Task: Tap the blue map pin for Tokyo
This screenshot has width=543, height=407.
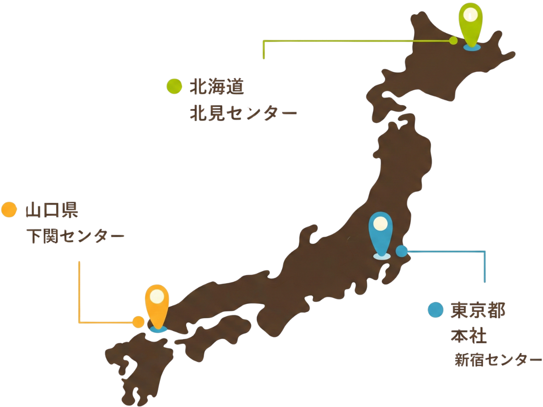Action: tap(381, 233)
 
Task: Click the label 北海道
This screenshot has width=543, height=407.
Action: tap(217, 87)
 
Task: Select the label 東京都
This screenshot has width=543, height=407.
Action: tap(478, 311)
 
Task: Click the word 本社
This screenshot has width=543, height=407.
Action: tap(468, 336)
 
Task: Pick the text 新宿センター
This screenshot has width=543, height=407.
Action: tap(498, 360)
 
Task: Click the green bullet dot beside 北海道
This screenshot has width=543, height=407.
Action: tap(174, 87)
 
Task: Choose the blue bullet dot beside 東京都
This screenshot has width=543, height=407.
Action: tap(435, 310)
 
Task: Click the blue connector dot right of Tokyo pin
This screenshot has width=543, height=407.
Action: tap(402, 251)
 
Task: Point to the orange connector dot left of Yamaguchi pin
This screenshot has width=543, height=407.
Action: tap(138, 322)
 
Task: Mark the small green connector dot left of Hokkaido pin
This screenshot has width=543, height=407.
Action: tap(453, 41)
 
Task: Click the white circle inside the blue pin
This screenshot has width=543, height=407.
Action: tap(381, 224)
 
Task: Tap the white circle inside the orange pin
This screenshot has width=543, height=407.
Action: tap(157, 296)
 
